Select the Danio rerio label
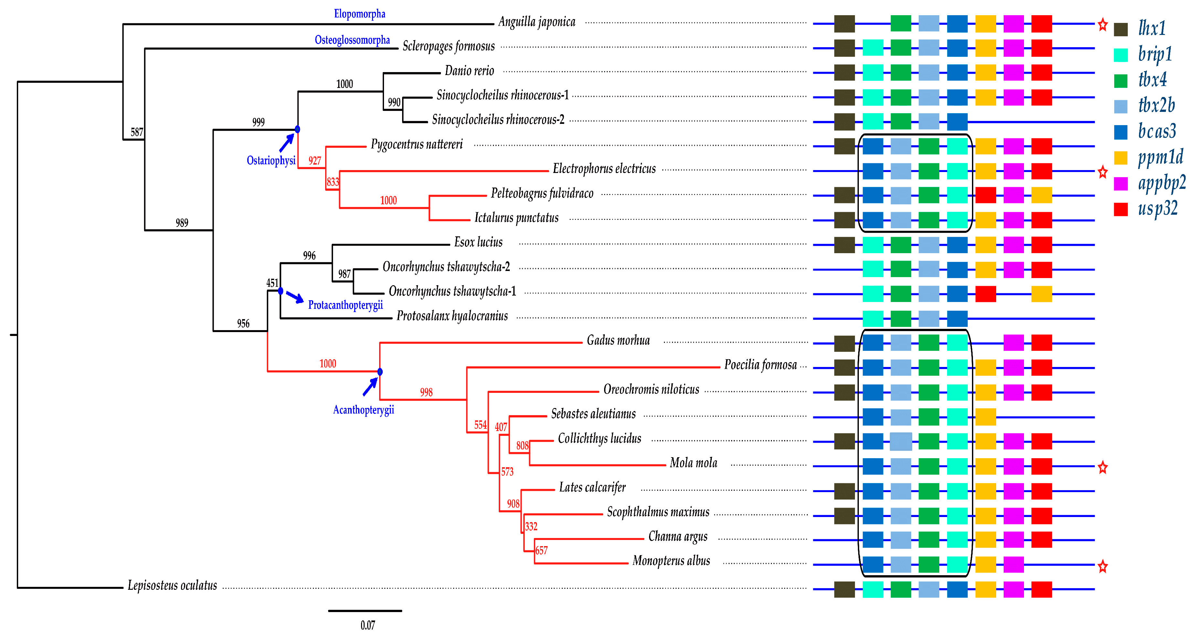(469, 71)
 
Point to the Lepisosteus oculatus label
(172, 586)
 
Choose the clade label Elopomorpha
(359, 14)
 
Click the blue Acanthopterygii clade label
(363, 410)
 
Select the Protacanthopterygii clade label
(346, 305)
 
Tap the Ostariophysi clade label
(271, 160)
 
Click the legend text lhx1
(1152, 29)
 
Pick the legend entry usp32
(1158, 209)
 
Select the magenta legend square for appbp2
(1121, 184)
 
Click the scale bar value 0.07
(368, 625)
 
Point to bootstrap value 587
(137, 132)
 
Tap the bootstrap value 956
(243, 324)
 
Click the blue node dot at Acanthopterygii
(380, 372)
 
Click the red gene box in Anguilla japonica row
(1041, 24)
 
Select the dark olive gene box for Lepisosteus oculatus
(844, 589)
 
